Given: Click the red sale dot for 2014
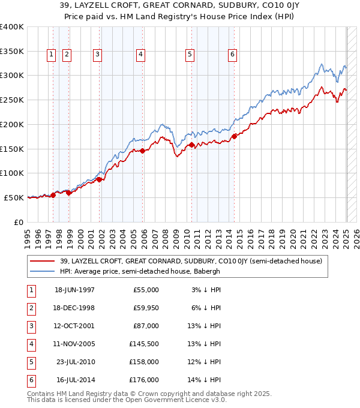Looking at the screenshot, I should coord(234,136).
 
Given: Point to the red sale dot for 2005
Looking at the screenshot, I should coord(143,151).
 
